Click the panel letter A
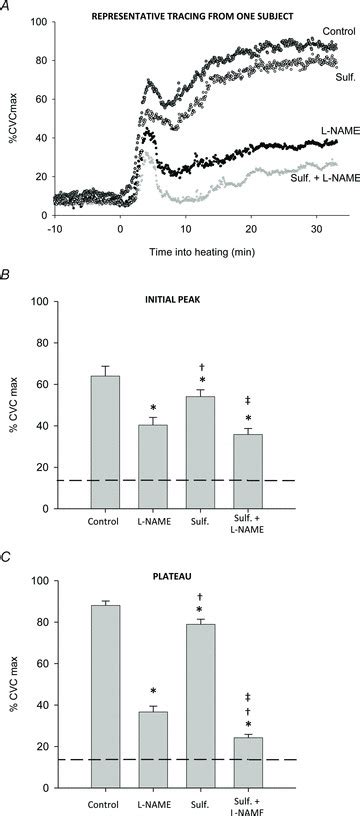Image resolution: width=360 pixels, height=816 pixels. [x=8, y=7]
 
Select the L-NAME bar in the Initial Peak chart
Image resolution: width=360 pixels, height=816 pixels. [x=153, y=466]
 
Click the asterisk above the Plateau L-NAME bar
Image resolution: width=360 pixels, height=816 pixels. [x=153, y=692]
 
